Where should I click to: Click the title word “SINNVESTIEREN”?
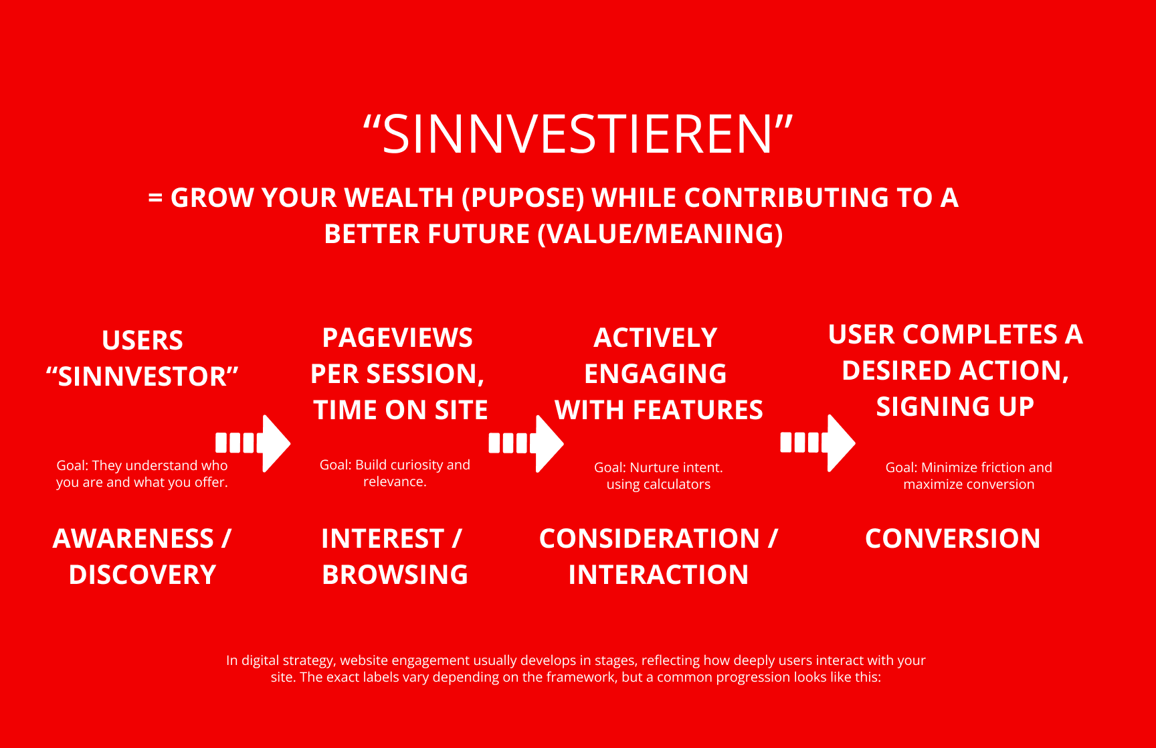click(x=578, y=134)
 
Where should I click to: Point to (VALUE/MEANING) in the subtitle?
click(x=660, y=234)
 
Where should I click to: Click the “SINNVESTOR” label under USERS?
click(x=142, y=376)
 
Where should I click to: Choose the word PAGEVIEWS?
click(x=397, y=338)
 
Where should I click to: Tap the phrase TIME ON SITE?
click(x=401, y=410)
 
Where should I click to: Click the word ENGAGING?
click(x=656, y=374)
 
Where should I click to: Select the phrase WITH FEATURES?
click(x=659, y=410)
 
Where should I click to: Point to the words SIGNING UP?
click(x=955, y=406)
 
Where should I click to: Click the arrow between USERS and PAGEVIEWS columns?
click(x=253, y=443)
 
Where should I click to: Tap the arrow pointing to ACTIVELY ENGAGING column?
click(x=526, y=443)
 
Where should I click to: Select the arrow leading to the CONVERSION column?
click(x=817, y=443)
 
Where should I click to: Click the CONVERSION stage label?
click(x=953, y=538)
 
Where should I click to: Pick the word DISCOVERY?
click(x=142, y=575)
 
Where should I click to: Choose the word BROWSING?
click(x=395, y=575)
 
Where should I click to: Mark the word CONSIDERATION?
click(x=650, y=538)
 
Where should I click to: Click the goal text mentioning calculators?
click(x=658, y=475)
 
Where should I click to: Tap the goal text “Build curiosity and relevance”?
click(x=395, y=473)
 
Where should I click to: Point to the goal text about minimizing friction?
click(x=969, y=475)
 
